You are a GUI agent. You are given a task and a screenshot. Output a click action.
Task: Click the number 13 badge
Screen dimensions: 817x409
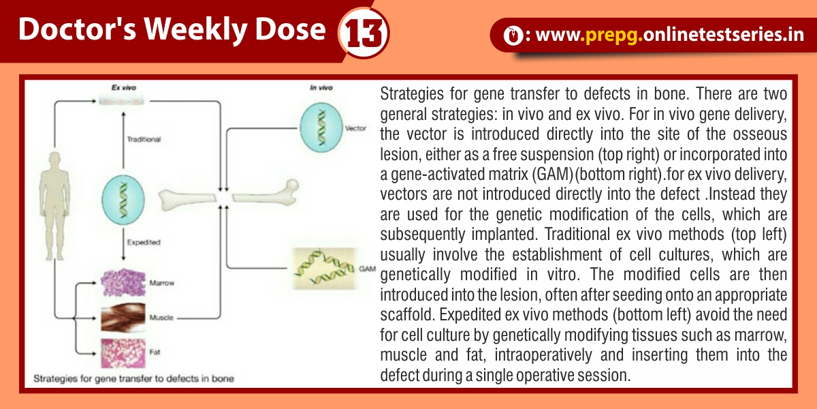click(x=364, y=33)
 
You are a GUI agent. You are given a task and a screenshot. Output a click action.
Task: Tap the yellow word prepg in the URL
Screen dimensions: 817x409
click(x=611, y=35)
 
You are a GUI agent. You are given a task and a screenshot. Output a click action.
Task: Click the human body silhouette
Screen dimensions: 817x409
click(x=54, y=207)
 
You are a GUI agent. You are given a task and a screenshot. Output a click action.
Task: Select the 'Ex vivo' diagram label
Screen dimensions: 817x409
click(x=124, y=88)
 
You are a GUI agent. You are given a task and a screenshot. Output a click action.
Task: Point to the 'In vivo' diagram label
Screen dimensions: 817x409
click(x=321, y=88)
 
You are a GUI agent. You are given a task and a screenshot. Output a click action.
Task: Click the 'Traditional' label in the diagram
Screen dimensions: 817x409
click(x=144, y=139)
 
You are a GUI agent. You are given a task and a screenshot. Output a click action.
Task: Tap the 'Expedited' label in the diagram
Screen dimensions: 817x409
click(x=144, y=242)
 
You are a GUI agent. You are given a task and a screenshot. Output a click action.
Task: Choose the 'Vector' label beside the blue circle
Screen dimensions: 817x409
click(x=355, y=128)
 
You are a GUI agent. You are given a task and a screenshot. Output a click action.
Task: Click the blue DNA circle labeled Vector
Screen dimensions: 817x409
click(x=321, y=127)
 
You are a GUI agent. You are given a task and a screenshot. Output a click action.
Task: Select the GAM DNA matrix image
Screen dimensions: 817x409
click(x=325, y=269)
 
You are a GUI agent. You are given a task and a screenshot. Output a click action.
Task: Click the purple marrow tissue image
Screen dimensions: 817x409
click(x=123, y=282)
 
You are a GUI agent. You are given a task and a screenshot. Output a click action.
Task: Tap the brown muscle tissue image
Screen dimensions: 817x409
click(x=123, y=318)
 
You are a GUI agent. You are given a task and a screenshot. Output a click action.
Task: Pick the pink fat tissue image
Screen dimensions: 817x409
click(x=123, y=353)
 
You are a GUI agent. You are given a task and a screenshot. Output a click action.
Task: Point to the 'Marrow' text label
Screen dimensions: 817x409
click(x=162, y=283)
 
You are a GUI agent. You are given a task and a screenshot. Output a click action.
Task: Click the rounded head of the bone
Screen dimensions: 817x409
click(x=292, y=187)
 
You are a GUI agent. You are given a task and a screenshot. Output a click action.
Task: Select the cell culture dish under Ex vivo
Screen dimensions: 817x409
click(x=121, y=101)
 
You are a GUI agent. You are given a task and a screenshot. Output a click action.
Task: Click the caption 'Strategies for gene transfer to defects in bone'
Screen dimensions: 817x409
click(x=133, y=379)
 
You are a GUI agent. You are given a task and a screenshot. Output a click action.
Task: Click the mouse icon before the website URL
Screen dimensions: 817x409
click(x=513, y=35)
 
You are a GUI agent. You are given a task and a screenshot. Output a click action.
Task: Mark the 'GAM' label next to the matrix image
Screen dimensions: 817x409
click(x=367, y=269)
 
